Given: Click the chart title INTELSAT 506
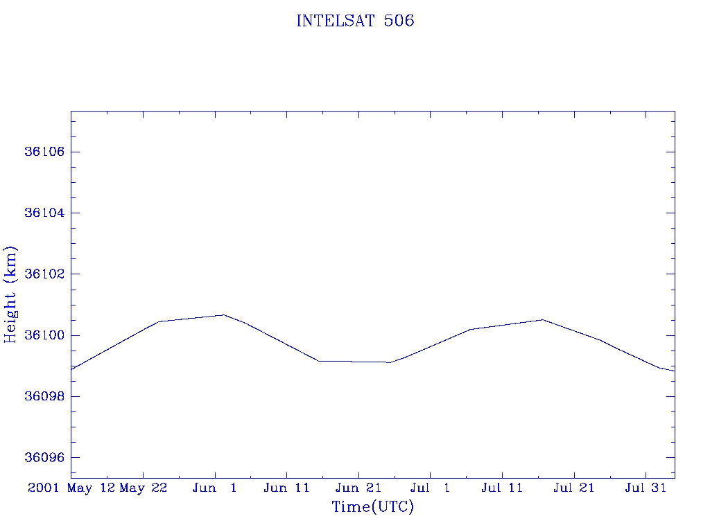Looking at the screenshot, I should (355, 21).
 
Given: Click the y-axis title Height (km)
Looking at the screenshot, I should (10, 294).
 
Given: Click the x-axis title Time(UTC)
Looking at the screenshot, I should (373, 507).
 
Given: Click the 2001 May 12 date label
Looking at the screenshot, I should (71, 488).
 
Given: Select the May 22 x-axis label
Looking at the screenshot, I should (144, 488).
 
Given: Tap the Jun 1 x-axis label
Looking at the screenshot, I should (215, 488).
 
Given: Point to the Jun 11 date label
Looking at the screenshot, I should (286, 488).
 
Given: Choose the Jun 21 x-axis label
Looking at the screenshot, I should (358, 488).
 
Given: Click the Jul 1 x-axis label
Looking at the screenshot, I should (430, 488).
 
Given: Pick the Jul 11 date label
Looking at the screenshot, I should (502, 488).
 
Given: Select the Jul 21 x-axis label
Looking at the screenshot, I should (573, 488).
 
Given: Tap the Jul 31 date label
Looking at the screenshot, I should (646, 488).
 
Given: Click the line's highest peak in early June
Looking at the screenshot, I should (224, 315).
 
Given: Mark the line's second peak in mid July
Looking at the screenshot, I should (542, 320).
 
